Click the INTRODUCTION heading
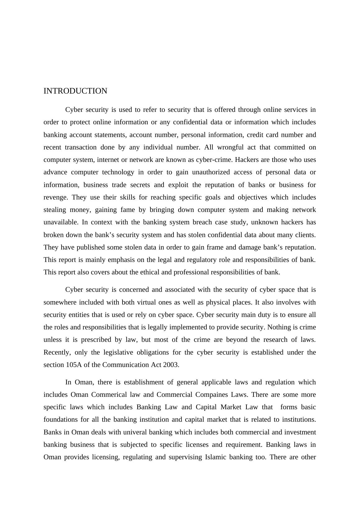pyautogui.click(x=75, y=91)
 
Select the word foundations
pyautogui.click(x=61, y=420)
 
